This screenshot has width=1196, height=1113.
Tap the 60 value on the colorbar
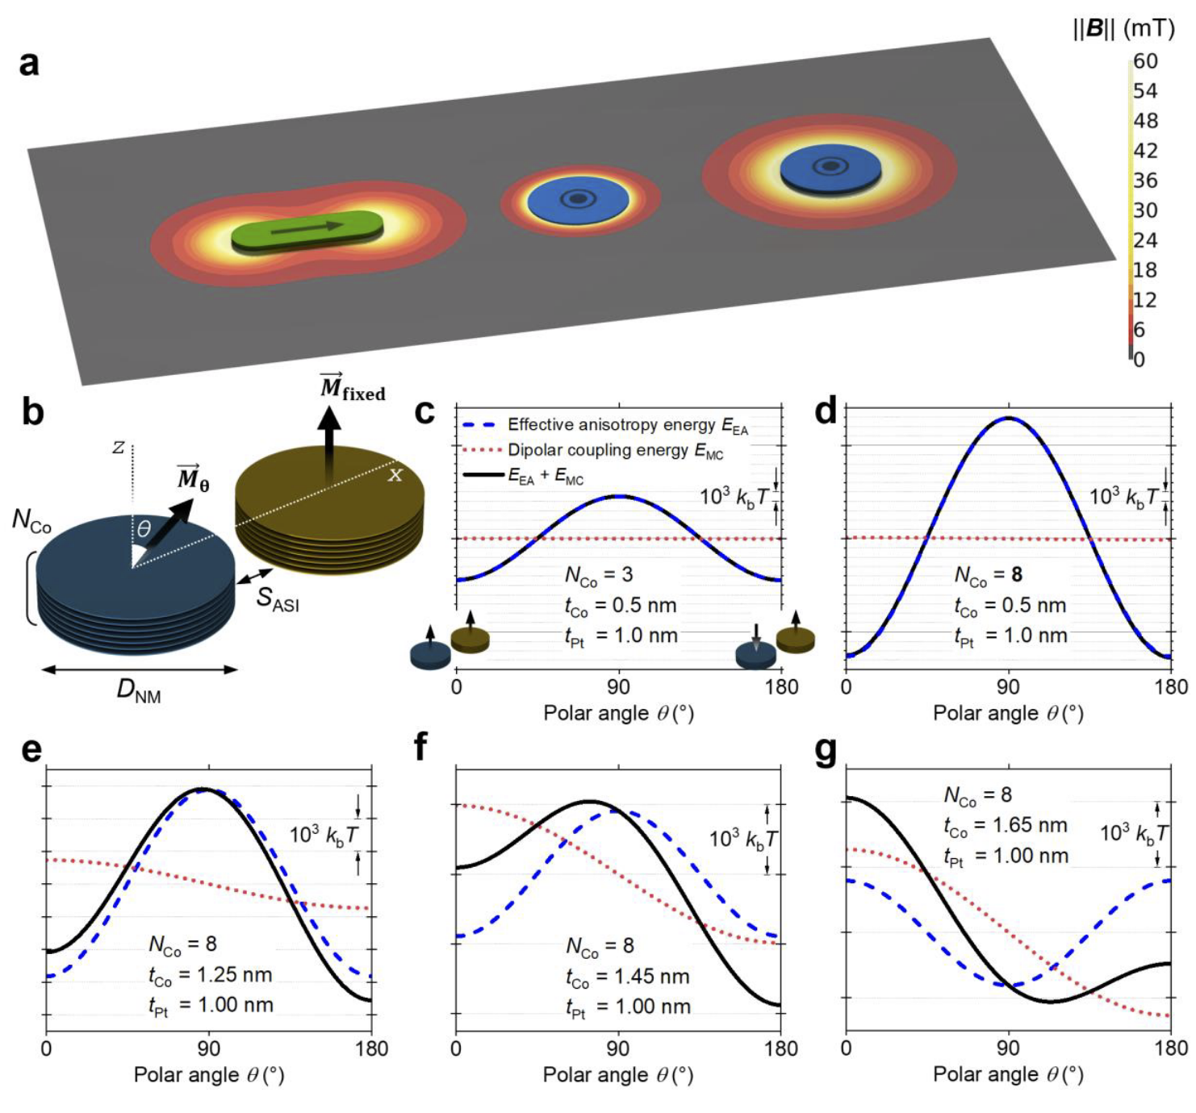(x=1145, y=61)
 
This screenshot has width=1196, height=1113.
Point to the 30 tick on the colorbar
(x=1145, y=211)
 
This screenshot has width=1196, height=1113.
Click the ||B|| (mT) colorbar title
(x=1123, y=29)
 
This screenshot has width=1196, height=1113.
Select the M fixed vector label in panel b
(x=353, y=389)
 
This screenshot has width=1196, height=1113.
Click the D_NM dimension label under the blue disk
(x=139, y=690)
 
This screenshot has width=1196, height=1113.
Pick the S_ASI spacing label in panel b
(x=278, y=598)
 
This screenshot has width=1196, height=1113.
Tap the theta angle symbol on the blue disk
(x=144, y=529)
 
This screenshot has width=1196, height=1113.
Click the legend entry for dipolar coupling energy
(x=615, y=451)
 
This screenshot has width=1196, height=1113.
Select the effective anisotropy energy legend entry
(x=627, y=425)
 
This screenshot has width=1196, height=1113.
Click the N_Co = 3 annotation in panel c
(x=599, y=575)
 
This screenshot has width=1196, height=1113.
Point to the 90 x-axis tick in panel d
(x=1008, y=687)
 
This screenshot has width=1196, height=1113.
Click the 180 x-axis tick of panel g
(x=1170, y=1048)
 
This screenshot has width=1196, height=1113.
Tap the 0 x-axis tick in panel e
(x=47, y=1048)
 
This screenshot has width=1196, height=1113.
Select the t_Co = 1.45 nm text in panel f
(x=628, y=978)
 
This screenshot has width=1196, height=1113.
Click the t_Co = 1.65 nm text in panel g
(x=1006, y=826)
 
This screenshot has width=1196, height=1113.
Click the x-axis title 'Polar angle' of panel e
(x=209, y=1075)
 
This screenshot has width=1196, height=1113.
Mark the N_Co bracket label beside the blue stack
(x=31, y=522)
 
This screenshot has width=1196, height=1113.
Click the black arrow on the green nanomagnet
(x=306, y=229)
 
